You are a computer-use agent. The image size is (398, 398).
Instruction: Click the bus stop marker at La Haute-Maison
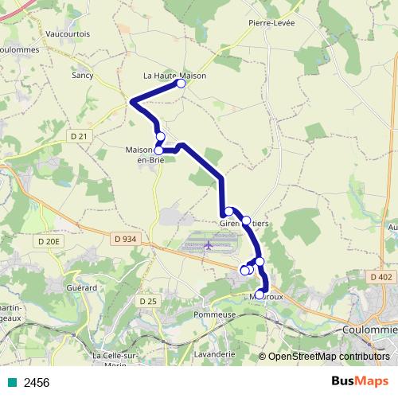[x=181, y=83]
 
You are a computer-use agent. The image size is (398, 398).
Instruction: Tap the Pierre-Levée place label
[x=271, y=23]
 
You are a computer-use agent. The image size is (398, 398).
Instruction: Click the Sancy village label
[x=83, y=76]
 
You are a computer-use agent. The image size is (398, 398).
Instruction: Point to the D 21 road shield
[x=78, y=137]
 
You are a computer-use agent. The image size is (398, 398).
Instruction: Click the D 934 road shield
[x=125, y=239]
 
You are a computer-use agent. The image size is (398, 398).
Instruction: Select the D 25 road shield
[x=147, y=301]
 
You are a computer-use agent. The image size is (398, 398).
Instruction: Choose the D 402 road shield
[x=381, y=276]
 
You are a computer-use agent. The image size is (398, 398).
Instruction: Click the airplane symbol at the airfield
[x=207, y=244]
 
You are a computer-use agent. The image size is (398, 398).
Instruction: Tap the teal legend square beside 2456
[x=11, y=383]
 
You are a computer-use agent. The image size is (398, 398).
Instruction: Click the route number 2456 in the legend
[x=37, y=383]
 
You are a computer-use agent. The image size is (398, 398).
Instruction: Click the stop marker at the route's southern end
[x=259, y=295]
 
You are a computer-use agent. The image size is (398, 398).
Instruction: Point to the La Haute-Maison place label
[x=174, y=76]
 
